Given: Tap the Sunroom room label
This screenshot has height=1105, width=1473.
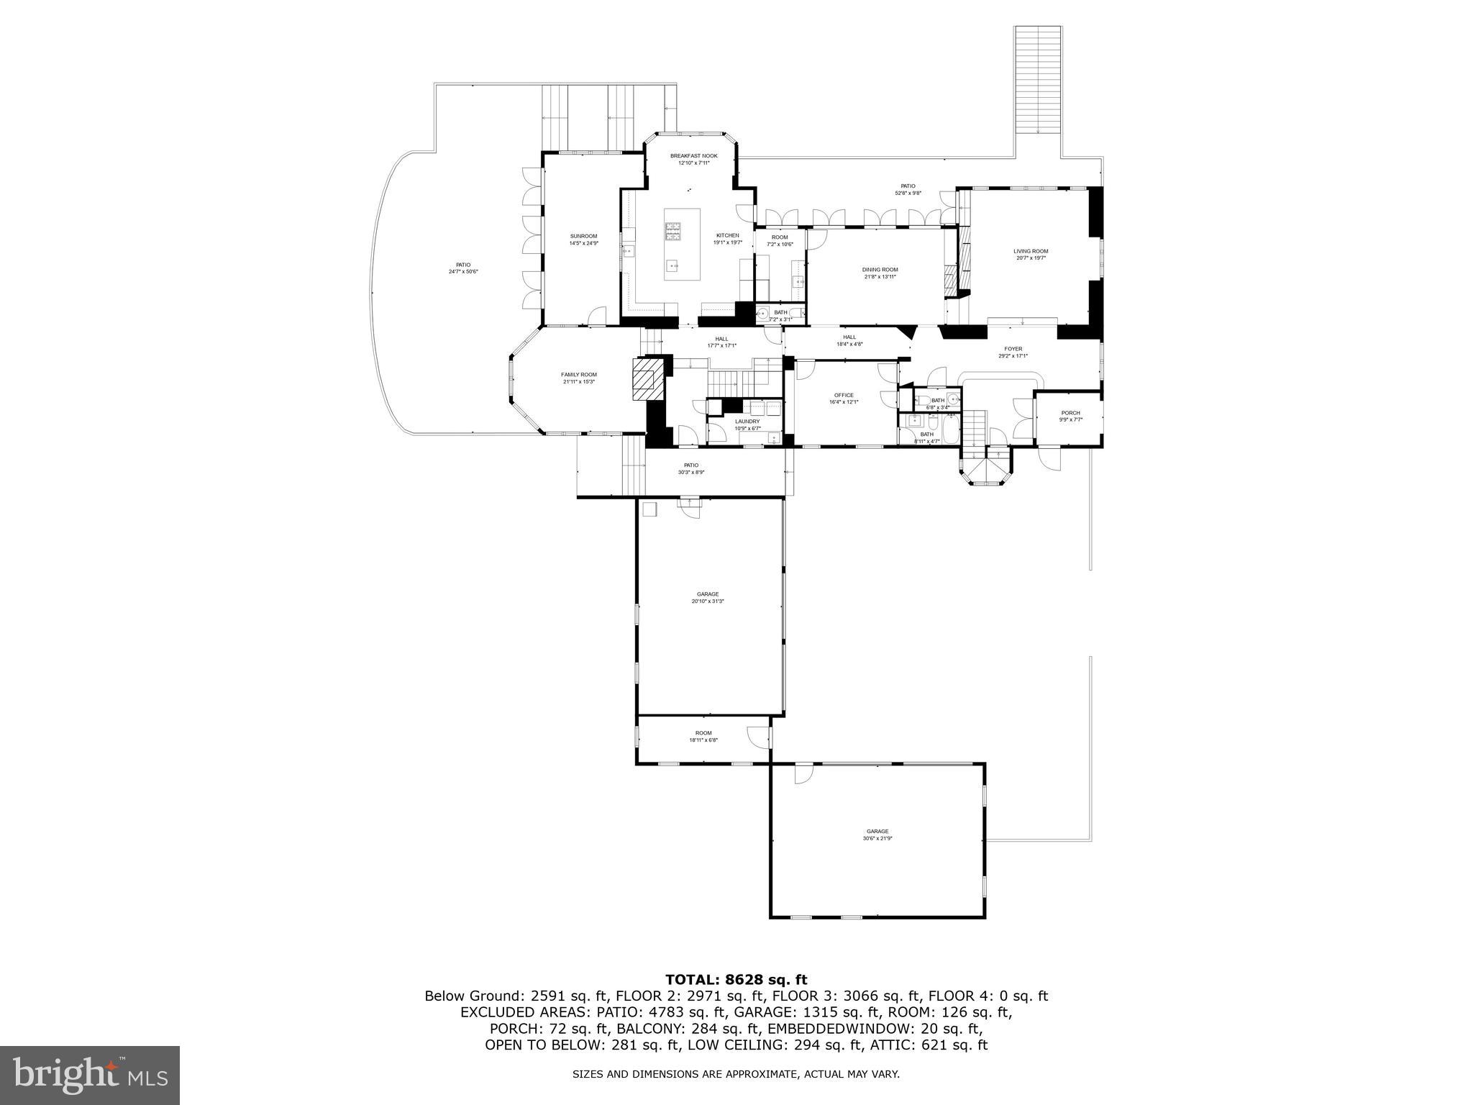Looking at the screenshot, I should (583, 237).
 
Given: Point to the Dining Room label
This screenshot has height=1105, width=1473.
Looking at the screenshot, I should (880, 270).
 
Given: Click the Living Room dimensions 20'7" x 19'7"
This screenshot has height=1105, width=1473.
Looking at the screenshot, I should (1031, 258).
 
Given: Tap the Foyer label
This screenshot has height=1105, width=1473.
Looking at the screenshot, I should (1013, 350).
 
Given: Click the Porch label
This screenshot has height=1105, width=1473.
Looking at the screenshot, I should (1070, 414).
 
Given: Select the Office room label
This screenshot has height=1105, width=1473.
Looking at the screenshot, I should (844, 396).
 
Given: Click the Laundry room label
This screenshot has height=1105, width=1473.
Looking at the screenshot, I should (747, 422).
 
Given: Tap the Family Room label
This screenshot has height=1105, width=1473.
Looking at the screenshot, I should (579, 375).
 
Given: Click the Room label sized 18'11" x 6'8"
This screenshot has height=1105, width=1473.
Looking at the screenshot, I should (703, 733).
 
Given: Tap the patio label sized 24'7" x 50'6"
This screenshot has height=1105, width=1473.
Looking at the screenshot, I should (462, 265).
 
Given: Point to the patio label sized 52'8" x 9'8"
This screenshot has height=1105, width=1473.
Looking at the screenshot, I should (908, 186).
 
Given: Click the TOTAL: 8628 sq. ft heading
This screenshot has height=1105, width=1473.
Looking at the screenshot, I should (736, 980).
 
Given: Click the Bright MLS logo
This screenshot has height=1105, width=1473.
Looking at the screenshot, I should (90, 1075).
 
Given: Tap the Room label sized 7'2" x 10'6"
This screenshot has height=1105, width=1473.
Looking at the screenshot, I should (780, 237).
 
